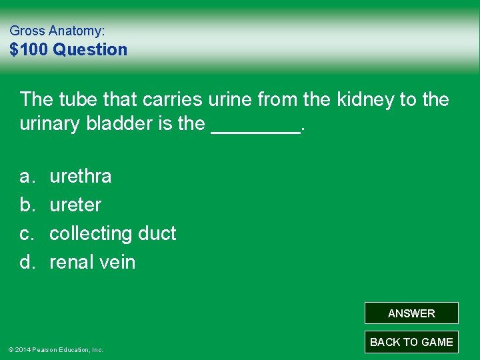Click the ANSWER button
tap(411, 313)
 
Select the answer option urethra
tap(81, 177)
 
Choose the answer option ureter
tap(75, 205)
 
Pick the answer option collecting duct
tap(113, 234)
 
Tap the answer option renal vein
tap(92, 263)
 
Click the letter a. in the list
tap(27, 177)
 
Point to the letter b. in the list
tap(27, 205)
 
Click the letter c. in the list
tap(27, 234)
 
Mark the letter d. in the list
tap(27, 263)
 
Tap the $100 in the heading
tap(29, 50)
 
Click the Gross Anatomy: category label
tap(57, 31)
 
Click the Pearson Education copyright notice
tap(55, 349)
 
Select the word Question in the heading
tap(90, 50)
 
